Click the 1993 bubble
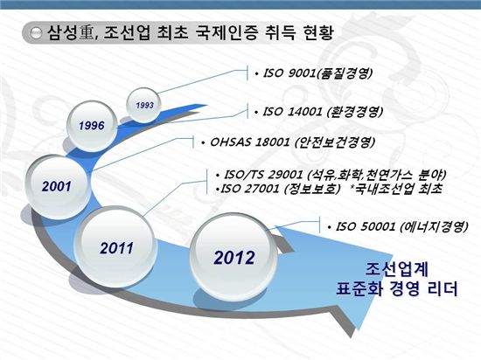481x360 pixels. pos(144,105)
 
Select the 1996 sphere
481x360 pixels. pos(92,126)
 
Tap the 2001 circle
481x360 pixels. pos(58,187)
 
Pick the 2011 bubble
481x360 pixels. pos(117,247)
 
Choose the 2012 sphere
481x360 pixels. pos(234,258)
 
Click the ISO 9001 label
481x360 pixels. pos(314,73)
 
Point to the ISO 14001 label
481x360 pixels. pos(318,112)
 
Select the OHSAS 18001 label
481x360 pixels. pos(289,142)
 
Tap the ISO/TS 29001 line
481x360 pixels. pos(331,175)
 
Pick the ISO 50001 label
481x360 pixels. pos(398,226)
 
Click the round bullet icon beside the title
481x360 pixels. pos(36,33)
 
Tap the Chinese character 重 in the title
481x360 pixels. pos(87,32)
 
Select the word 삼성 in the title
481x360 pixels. pos(62,32)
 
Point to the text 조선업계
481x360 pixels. pos(397,269)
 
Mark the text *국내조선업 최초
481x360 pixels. pos(396,189)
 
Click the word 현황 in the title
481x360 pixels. pos(317,32)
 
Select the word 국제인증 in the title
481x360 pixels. pos(227,32)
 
